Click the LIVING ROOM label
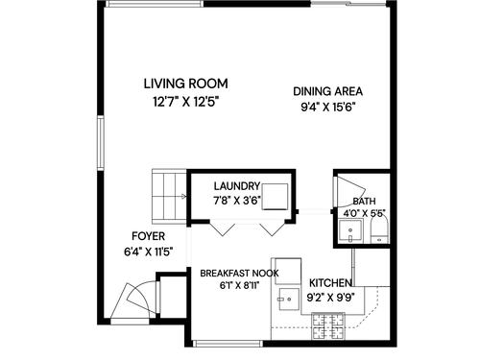pyautogui.click(x=185, y=84)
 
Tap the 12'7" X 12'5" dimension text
pyautogui.click(x=185, y=103)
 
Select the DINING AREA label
pyautogui.click(x=328, y=91)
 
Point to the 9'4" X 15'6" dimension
pyautogui.click(x=328, y=108)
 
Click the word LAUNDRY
pyautogui.click(x=237, y=186)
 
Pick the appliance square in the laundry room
pyautogui.click(x=275, y=197)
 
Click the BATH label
pyautogui.click(x=364, y=202)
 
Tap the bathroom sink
pyautogui.click(x=350, y=231)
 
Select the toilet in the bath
pyautogui.click(x=379, y=229)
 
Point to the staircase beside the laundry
pyautogui.click(x=169, y=196)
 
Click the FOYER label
pyautogui.click(x=149, y=236)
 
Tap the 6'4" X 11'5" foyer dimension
pyautogui.click(x=149, y=252)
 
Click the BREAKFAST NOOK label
pyautogui.click(x=239, y=274)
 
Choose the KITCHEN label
pyautogui.click(x=331, y=283)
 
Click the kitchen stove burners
pyautogui.click(x=328, y=326)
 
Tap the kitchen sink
pyautogui.click(x=289, y=300)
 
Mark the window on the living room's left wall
pyautogui.click(x=101, y=143)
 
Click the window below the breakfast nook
pyautogui.click(x=228, y=344)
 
